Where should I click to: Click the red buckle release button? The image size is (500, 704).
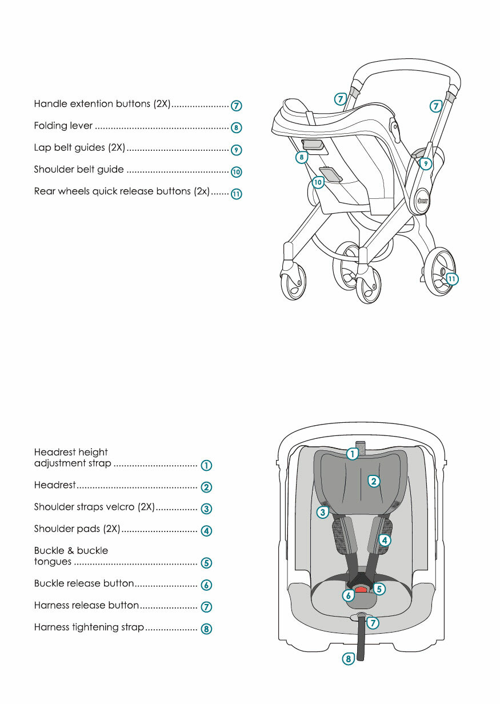(362, 589)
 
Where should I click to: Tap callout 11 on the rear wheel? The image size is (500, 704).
(452, 279)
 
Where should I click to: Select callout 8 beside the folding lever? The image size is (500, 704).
(301, 157)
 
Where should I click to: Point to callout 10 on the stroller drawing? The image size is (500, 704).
(318, 182)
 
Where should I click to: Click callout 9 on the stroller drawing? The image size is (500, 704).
(426, 163)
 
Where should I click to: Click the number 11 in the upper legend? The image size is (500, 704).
(237, 194)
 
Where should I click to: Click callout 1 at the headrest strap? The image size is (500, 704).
(353, 454)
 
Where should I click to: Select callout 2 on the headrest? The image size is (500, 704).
(374, 481)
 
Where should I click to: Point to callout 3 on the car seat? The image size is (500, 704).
(322, 512)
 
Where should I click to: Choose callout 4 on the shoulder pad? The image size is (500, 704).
(385, 540)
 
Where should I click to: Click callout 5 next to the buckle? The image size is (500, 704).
(379, 589)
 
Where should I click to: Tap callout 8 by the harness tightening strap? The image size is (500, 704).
(348, 659)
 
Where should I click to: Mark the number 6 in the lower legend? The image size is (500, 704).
(206, 585)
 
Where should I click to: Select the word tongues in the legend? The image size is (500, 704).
(53, 562)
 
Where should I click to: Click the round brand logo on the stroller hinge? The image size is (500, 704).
(422, 201)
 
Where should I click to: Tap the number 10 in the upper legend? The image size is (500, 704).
(237, 172)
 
